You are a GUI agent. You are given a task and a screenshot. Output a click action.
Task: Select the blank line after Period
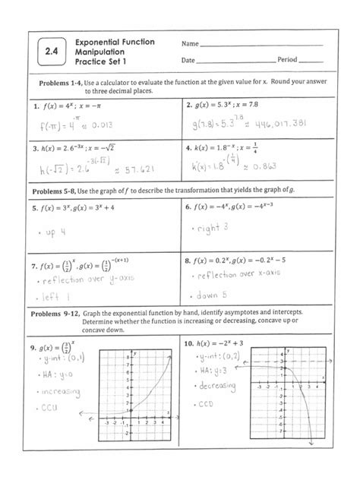(x=311, y=60)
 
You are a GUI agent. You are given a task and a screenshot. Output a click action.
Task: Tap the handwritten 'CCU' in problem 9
(x=50, y=409)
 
